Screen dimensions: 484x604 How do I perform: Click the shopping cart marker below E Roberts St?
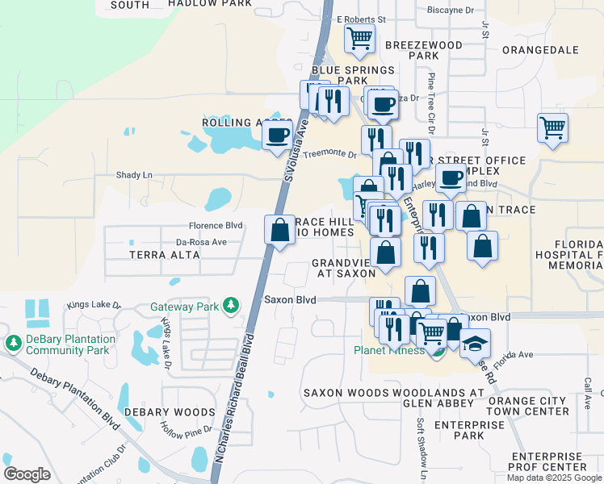(x=359, y=37)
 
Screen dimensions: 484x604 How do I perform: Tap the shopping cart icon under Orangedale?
(x=552, y=127)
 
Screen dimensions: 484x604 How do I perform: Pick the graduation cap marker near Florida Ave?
(x=475, y=343)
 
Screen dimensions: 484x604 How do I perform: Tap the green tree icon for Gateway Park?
(x=232, y=306)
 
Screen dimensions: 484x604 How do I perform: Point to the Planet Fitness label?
(x=389, y=351)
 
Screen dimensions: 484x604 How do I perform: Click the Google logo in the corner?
(x=27, y=474)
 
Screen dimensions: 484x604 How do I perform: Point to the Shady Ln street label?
(x=134, y=175)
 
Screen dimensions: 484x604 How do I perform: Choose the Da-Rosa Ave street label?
(x=202, y=242)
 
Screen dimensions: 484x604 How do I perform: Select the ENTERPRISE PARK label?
(x=458, y=429)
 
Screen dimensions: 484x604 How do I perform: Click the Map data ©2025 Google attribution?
(x=553, y=478)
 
